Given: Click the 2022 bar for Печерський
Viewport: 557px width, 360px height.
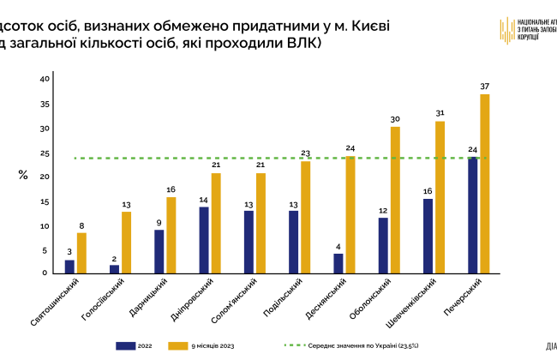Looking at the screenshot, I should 473,215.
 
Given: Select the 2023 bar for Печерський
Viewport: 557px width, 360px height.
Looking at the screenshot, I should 484,183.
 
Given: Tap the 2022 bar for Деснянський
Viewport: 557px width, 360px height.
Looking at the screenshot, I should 338,263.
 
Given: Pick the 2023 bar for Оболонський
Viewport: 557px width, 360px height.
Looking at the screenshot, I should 395,200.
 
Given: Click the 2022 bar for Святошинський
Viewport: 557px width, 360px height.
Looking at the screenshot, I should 69,267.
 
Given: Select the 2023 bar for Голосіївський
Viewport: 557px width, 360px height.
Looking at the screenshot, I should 126,242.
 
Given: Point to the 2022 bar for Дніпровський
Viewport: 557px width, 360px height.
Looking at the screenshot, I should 204,239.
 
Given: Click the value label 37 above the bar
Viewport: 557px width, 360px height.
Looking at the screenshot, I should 485,87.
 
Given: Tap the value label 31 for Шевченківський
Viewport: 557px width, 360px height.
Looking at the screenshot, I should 440,113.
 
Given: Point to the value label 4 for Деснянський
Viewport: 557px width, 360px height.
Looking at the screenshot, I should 338,246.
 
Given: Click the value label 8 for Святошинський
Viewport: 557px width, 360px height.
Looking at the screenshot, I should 81,225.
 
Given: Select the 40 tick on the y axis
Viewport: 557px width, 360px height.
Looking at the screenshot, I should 45,79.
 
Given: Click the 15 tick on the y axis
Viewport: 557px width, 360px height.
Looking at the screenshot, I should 45,201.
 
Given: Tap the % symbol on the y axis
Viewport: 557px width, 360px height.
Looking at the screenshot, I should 24,175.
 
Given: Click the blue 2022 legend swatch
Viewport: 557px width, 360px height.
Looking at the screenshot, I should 126,345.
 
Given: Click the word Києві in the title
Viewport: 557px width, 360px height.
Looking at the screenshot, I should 363,26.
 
